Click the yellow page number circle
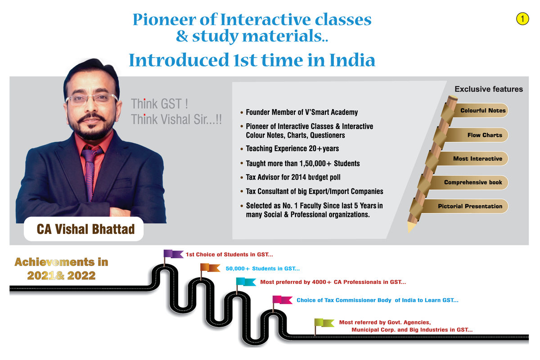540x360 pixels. (x=522, y=19)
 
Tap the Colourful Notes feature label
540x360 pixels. (x=483, y=111)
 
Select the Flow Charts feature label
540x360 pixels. (x=484, y=135)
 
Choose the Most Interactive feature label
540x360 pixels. (x=477, y=159)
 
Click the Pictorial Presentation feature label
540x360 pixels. (x=470, y=206)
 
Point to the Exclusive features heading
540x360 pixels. (x=488, y=89)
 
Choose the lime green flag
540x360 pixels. (x=324, y=323)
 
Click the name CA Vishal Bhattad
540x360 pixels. (x=85, y=229)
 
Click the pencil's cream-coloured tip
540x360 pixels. (x=410, y=227)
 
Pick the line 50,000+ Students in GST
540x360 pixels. (x=262, y=269)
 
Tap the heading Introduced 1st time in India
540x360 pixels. (x=252, y=60)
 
